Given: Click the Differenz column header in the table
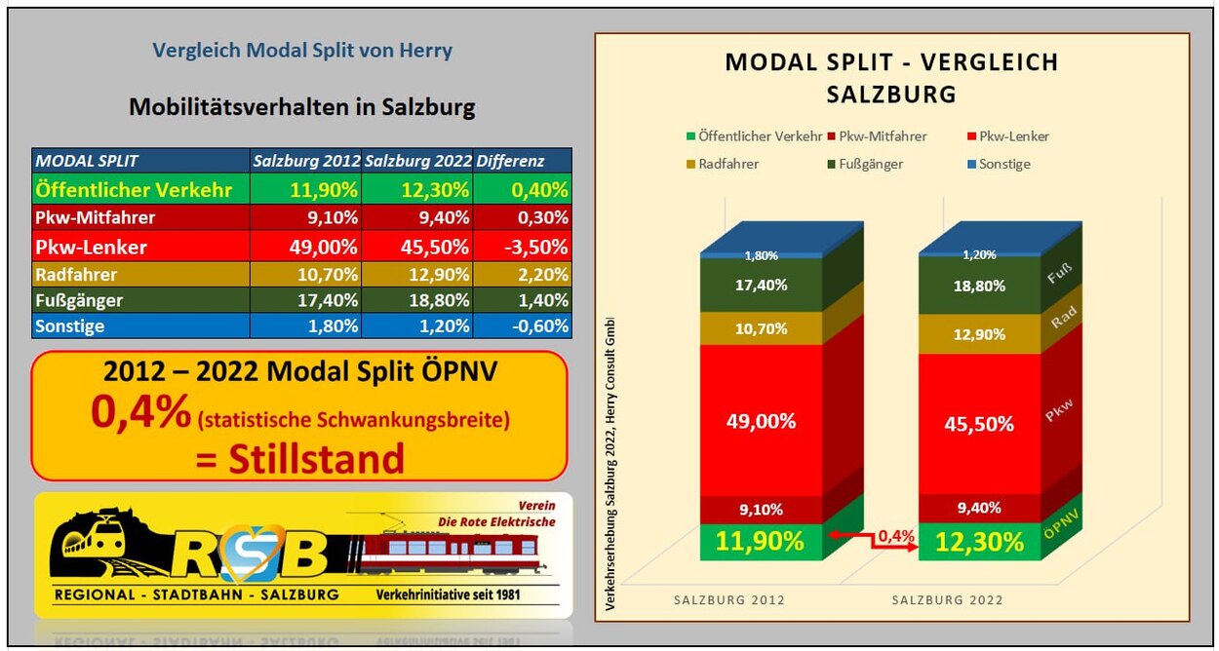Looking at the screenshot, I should (510, 161).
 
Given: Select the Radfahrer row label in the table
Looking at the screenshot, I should (77, 274).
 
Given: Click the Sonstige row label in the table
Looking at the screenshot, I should (69, 326).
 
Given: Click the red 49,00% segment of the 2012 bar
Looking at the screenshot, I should (762, 421).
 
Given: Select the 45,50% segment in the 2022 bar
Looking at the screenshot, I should (980, 424).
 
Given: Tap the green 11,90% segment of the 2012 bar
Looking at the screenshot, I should (762, 541).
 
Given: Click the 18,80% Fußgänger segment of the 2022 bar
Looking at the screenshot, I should (980, 286).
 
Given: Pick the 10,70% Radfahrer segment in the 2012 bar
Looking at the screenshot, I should (762, 328).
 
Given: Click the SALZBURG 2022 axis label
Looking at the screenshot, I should (947, 599).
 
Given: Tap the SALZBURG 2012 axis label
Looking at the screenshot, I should (729, 599).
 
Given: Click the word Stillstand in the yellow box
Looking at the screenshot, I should (299, 458).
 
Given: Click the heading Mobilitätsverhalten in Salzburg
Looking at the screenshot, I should (301, 107).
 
